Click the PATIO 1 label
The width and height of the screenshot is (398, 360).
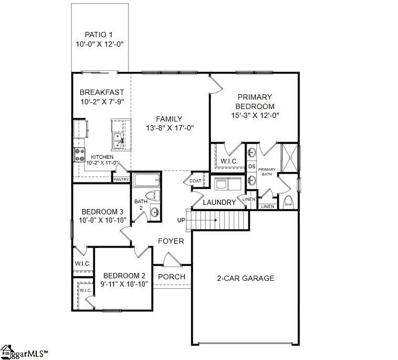(99, 35)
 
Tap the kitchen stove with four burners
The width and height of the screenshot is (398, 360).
(79, 155)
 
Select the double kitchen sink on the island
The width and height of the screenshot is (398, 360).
(118, 141)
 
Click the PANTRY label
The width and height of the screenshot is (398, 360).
(121, 179)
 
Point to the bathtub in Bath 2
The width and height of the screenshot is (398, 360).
(146, 180)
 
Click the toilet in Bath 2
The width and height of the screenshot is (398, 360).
(152, 196)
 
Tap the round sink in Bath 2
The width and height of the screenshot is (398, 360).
(155, 212)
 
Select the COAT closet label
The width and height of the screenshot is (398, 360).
(195, 181)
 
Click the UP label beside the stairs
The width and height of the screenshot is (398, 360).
(181, 220)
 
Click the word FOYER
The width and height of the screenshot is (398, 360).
(171, 241)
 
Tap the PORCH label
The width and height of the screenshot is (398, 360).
(171, 277)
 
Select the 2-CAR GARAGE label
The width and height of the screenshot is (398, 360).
(245, 278)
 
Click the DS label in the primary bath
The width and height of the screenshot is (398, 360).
(252, 167)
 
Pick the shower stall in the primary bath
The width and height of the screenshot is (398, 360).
(289, 158)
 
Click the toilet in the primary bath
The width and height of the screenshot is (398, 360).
(288, 202)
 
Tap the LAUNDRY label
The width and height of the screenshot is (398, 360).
(219, 202)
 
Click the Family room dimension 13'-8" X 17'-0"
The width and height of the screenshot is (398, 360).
(170, 128)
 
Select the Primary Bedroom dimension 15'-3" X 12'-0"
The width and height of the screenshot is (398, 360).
(255, 115)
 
